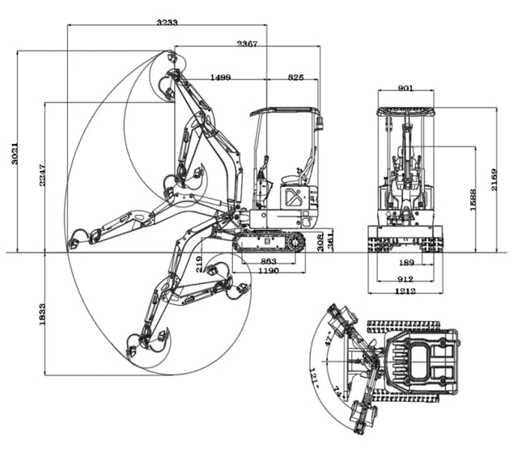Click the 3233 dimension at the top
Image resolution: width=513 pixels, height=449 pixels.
tap(168, 23)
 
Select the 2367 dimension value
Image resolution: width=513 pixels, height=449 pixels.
tap(247, 44)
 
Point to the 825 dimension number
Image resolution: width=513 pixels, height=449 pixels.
tap(296, 77)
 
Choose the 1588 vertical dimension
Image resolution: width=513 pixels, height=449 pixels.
tap(473, 199)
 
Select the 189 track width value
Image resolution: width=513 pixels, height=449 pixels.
tap(406, 263)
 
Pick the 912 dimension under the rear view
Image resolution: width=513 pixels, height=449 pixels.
tap(406, 278)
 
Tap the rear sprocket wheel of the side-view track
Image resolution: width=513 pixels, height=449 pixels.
tap(296, 240)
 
